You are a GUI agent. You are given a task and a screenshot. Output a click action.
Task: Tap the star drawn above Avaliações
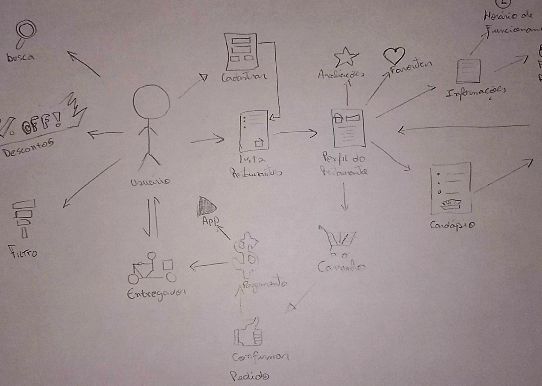pos(345,57)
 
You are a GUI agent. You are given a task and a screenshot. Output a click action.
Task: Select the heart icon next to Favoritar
pos(394,55)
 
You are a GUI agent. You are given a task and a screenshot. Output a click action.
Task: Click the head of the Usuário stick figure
pos(151,102)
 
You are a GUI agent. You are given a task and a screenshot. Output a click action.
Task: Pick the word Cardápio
pos(452,225)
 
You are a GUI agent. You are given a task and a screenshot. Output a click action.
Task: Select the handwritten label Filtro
pos(23,252)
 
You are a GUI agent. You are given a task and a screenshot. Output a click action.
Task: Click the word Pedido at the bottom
pos(250,375)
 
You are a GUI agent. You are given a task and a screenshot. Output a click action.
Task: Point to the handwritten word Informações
pos(476,92)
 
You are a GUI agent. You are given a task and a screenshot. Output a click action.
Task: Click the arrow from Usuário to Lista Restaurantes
pos(208,139)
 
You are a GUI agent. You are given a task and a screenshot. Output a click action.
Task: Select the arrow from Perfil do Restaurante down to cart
pos(344,197)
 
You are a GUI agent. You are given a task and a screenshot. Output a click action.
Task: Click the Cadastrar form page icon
pos(241,51)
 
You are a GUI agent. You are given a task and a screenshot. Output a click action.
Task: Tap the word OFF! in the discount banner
pos(41,123)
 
